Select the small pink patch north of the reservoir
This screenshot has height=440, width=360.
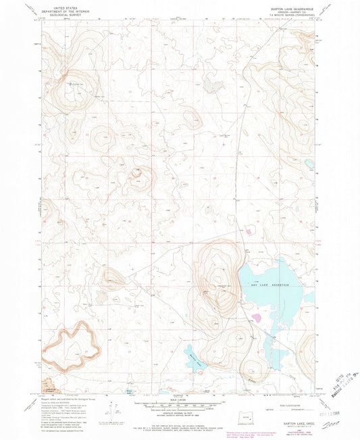(x=249, y=231)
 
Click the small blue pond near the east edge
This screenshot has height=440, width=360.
(x=309, y=164)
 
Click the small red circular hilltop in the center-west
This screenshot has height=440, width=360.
(x=137, y=172)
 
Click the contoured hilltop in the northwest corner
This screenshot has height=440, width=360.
(x=76, y=84)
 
